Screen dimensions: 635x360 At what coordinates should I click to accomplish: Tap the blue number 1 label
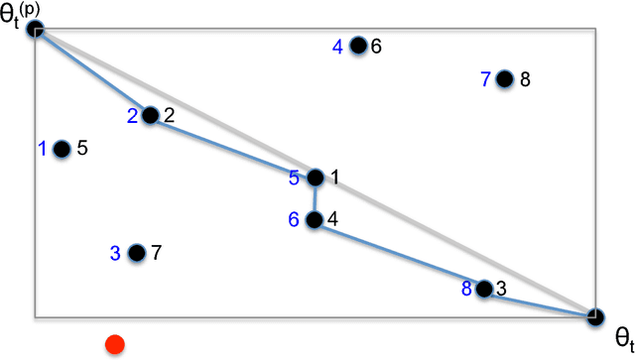coord(43,149)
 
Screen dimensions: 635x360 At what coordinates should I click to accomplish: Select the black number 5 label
coord(82,149)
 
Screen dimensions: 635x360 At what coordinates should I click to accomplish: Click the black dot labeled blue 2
coord(150,116)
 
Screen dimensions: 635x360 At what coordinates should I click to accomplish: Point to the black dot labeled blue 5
coord(315,179)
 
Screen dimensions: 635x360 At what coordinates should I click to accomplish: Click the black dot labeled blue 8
coord(483,289)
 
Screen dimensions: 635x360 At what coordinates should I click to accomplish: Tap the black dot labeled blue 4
coord(358,45)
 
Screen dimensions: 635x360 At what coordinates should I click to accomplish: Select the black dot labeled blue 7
coord(504,79)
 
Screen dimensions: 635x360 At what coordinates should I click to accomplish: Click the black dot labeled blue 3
coord(137,253)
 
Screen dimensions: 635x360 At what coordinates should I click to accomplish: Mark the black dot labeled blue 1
coord(62,149)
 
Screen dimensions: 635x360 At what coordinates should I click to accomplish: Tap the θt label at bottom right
coord(622,336)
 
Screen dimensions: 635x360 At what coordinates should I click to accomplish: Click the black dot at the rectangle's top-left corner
coord(36,30)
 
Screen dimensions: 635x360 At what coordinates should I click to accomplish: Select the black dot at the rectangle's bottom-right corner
coord(594,317)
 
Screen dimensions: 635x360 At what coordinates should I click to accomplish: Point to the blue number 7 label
coord(485,79)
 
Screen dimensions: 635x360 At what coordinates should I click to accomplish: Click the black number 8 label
coord(525,79)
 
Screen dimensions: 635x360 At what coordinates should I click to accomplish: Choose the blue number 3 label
coord(116,253)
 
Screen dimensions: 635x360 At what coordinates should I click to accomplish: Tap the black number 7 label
coord(156,253)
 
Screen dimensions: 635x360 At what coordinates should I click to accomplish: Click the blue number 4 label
coord(337,46)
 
